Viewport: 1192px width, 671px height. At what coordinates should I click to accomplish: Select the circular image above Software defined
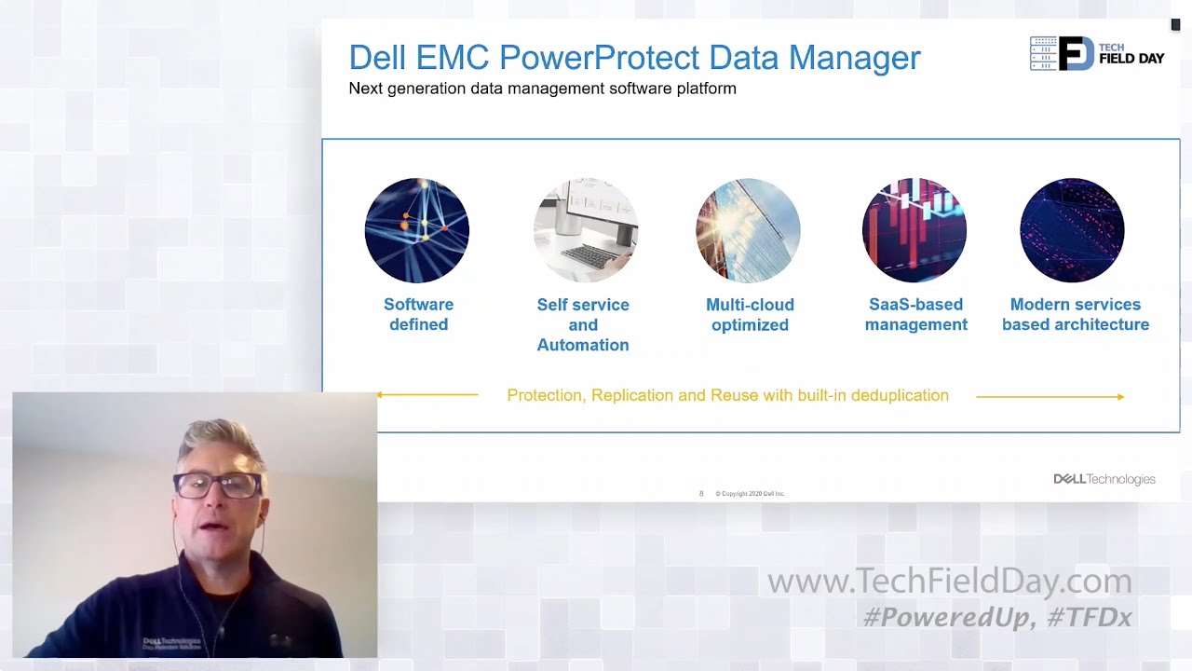[x=417, y=230]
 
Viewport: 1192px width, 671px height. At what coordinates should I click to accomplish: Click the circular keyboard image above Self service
[x=585, y=230]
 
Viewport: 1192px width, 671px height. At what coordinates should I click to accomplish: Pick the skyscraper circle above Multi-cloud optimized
[x=748, y=230]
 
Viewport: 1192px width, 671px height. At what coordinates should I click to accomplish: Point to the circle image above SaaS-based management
[x=914, y=230]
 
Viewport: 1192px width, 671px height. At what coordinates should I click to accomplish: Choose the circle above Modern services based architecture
[x=1072, y=230]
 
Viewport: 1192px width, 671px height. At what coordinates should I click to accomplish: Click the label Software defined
[x=418, y=315]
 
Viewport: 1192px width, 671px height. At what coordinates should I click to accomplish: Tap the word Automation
[x=583, y=345]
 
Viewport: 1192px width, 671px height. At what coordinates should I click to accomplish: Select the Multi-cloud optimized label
[x=750, y=315]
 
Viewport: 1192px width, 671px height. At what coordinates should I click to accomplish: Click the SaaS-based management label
[x=915, y=315]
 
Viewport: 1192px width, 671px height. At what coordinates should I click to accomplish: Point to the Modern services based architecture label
[x=1076, y=315]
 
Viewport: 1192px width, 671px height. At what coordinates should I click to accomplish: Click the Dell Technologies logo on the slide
[x=1104, y=479]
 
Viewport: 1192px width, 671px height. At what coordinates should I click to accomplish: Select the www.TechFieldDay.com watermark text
[x=949, y=582]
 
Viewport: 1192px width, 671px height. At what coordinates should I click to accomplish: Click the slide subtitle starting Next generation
[x=542, y=89]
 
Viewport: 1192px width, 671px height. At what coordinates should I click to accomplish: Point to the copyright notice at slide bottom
[x=750, y=494]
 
